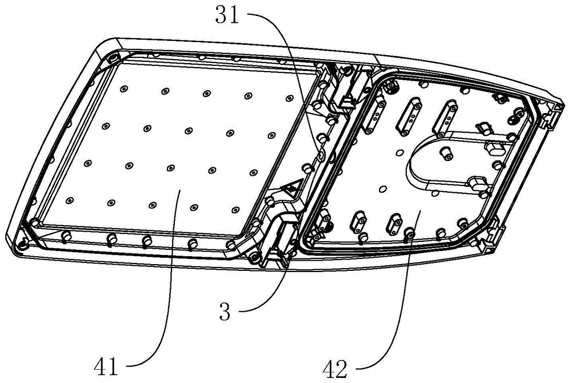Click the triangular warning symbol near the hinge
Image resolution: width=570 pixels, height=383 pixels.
(292, 186)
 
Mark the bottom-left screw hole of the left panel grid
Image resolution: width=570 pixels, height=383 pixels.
(69, 199)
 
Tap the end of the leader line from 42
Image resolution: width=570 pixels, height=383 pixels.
(419, 212)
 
